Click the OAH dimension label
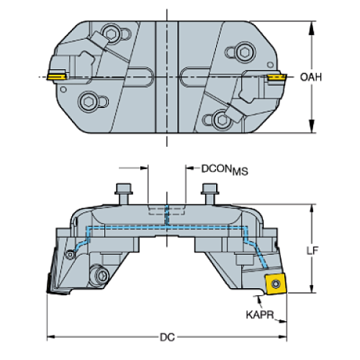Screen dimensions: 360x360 point(311,77)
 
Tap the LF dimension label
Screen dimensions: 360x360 point(312,251)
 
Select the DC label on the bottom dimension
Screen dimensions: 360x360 point(168,337)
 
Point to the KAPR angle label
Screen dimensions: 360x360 point(259,314)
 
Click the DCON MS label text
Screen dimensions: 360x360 point(225,170)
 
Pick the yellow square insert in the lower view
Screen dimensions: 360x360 point(276,284)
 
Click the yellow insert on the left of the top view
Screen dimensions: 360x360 point(57,77)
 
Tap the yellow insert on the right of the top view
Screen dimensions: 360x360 point(277,77)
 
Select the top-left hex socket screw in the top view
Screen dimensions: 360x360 point(112,34)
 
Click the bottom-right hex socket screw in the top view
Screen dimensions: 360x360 point(222,120)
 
